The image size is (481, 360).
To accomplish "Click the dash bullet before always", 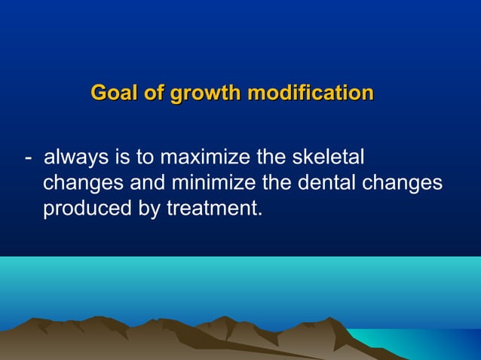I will click(x=28, y=159).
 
